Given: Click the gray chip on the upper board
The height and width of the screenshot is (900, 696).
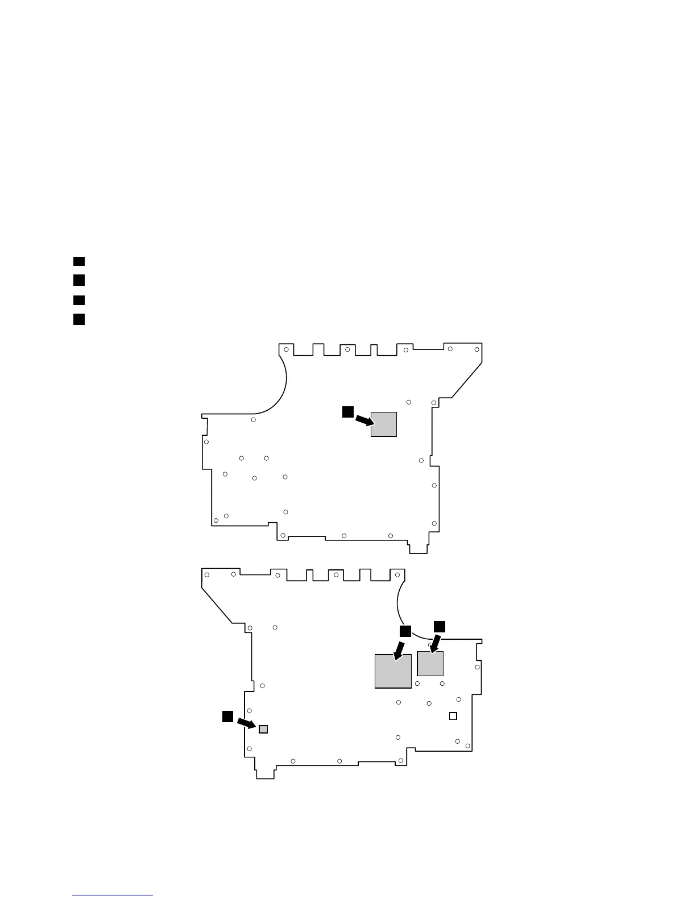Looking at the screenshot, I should point(383,424).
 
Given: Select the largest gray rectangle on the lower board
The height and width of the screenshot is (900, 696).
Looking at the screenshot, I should point(393,671).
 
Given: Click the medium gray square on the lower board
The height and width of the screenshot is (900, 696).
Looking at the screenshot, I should point(430,664).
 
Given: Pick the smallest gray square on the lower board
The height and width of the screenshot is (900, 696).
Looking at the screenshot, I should point(263,729).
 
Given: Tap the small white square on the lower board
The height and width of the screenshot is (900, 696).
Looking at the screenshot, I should point(453,716).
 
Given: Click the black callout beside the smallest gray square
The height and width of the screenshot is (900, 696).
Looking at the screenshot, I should point(227,716).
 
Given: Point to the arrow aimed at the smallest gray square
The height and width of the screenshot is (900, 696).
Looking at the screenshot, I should point(246,723).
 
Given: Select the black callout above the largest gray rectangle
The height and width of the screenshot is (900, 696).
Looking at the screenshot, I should point(404,632).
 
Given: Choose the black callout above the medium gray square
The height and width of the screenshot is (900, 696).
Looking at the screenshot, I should point(440,626).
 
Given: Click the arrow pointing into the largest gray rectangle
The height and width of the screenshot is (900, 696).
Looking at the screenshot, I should point(399,651).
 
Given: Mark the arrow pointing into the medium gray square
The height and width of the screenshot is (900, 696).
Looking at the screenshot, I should point(435,644).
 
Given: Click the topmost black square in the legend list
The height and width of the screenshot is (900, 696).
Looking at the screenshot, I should point(78,261).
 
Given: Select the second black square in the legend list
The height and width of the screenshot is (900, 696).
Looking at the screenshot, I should point(78,280).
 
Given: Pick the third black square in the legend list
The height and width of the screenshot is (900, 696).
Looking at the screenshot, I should point(78,300).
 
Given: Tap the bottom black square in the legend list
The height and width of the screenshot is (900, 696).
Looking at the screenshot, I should point(78,319).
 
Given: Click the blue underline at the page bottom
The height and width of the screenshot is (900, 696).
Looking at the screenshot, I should point(113,895).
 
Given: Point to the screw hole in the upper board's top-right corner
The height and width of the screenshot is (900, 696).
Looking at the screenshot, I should point(477,349).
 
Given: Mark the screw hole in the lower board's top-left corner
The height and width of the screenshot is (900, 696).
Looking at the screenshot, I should point(207,575).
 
